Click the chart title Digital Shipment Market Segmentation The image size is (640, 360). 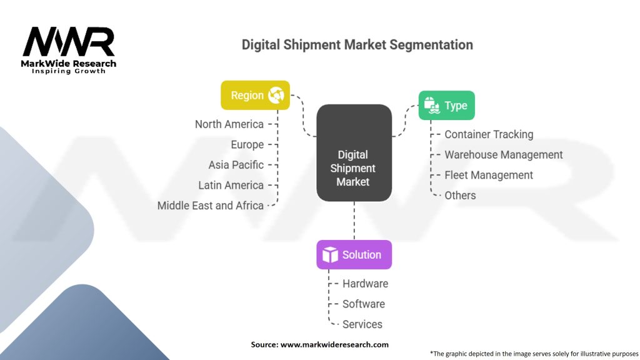pos(357,45)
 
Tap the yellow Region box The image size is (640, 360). pos(255,95)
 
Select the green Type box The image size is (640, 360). pos(446,105)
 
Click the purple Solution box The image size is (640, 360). pos(354,254)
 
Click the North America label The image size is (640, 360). pos(229,124)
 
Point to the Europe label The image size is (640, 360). pos(247,144)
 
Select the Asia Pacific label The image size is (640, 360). pos(236,164)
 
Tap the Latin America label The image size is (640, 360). pos(231,185)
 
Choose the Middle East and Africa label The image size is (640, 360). pos(210,205)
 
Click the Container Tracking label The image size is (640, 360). pos(489,134)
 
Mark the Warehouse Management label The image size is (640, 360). pos(503,154)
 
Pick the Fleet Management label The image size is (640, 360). pos(489,175)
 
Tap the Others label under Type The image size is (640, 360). pos(460,195)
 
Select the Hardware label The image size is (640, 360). pos(365,284)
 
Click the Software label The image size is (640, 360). pos(363,304)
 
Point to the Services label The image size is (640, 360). pos(362,324)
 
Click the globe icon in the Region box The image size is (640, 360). pos(276,96)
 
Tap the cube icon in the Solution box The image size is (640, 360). pos(330,255)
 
